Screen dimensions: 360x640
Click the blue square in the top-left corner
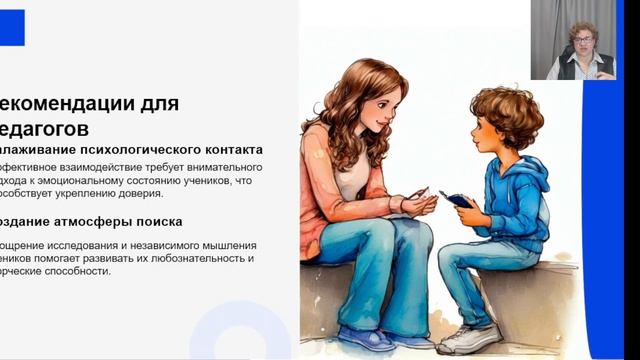[12, 27]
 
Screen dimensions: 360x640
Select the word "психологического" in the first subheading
[126, 150]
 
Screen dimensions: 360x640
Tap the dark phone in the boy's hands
[457, 200]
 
